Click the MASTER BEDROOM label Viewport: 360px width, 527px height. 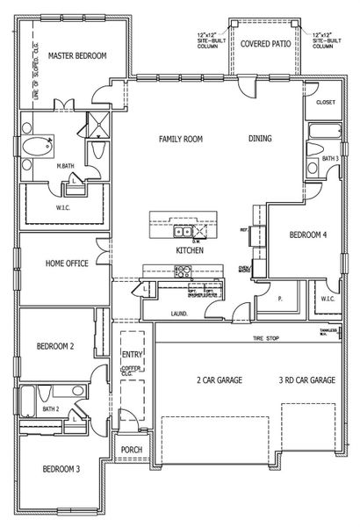78,55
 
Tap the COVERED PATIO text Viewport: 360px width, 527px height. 266,41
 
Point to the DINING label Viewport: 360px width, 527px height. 259,139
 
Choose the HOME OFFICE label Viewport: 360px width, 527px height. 66,263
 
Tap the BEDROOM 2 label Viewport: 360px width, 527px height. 54,347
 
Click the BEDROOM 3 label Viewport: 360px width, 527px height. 61,469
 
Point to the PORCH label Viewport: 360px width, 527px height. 131,451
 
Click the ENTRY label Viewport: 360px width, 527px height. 132,354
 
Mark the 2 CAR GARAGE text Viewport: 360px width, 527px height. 206,380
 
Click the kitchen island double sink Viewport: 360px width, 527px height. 184,233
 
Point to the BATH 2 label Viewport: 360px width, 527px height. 50,409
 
